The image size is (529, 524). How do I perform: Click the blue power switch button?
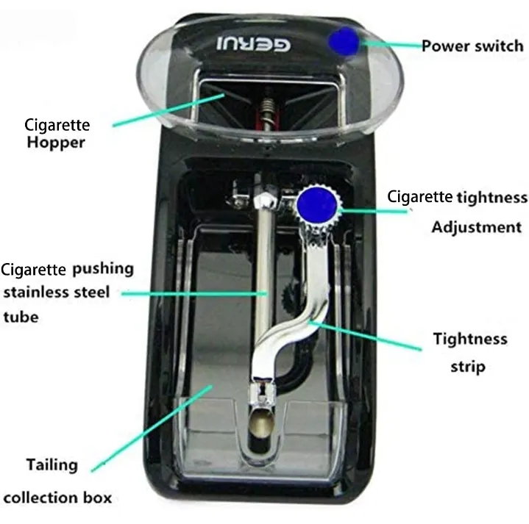[x=344, y=41]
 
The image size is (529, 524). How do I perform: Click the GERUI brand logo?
[x=253, y=44]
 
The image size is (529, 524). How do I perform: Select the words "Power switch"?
[x=472, y=46]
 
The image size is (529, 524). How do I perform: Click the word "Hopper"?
[x=56, y=143]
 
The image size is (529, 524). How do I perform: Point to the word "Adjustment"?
[x=476, y=227]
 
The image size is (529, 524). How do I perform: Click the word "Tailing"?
[x=52, y=465]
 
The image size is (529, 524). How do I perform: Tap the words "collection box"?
[x=57, y=498]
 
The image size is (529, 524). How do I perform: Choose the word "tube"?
[x=21, y=317]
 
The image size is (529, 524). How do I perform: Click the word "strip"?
[x=468, y=367]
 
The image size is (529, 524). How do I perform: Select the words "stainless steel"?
[x=57, y=292]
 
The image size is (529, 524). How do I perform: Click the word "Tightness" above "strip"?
[x=470, y=339]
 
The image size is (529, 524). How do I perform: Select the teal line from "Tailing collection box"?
[x=152, y=428]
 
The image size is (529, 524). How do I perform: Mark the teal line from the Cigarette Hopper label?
[x=168, y=110]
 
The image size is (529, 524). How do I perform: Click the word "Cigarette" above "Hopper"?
[x=57, y=126]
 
